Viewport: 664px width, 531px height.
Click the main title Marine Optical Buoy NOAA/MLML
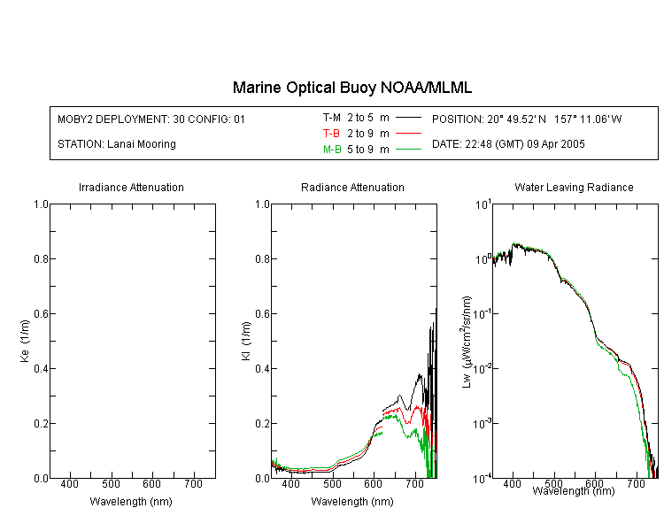(x=351, y=88)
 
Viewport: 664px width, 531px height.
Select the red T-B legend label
(x=331, y=134)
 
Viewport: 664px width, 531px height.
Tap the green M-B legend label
(x=332, y=150)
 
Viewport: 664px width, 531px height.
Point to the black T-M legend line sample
(x=408, y=118)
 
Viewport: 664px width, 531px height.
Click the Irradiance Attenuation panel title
(x=131, y=187)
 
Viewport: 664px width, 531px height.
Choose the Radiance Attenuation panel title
(x=352, y=187)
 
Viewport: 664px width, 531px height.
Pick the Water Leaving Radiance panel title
(x=574, y=187)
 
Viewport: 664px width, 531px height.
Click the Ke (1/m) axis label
(x=25, y=341)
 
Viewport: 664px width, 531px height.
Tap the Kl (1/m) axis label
(x=246, y=341)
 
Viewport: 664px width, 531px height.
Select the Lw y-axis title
(x=467, y=342)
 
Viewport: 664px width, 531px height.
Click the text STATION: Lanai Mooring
(x=117, y=144)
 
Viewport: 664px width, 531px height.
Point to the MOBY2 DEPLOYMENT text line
(x=151, y=119)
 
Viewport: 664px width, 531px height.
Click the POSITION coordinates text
(x=527, y=119)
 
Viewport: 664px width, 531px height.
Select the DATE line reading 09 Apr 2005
(x=508, y=144)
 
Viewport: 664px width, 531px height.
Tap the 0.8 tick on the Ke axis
(x=41, y=258)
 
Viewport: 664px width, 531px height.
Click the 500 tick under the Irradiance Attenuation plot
(x=111, y=484)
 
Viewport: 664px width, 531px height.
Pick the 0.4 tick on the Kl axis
(x=263, y=368)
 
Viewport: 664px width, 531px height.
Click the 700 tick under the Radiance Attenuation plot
(x=414, y=484)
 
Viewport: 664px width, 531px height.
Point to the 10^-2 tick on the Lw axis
(x=482, y=368)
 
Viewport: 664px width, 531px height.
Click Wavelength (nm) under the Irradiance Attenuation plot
(x=131, y=502)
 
